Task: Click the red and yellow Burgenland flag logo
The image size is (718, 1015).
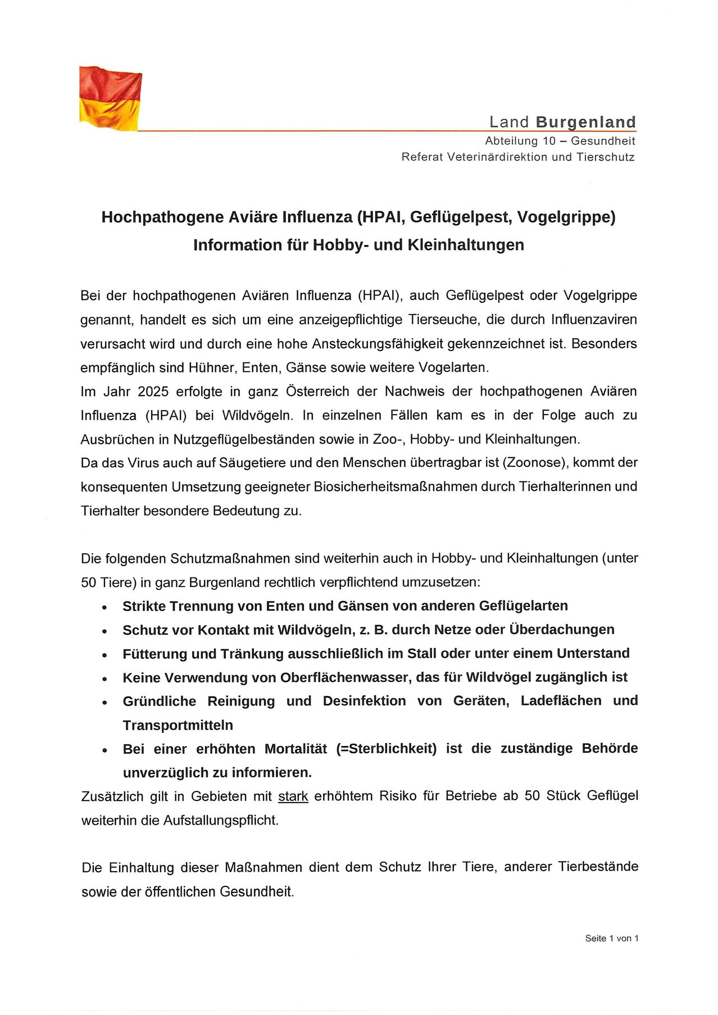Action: click(x=110, y=98)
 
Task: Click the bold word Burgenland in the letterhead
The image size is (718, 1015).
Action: click(x=585, y=122)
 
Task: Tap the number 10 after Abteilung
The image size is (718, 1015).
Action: click(x=549, y=141)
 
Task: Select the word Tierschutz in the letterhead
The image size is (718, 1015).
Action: click(x=605, y=157)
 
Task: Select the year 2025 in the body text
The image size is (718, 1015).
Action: click(x=153, y=392)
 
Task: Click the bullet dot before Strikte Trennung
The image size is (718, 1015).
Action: click(x=104, y=607)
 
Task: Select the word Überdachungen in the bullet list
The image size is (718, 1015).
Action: click(x=561, y=630)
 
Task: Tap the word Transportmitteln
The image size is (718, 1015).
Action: click(x=178, y=725)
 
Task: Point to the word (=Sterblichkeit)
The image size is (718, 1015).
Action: click(x=386, y=749)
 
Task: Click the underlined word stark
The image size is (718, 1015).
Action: click(x=293, y=796)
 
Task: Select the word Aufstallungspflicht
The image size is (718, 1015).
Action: click(x=221, y=821)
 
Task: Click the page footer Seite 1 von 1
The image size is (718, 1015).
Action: click(x=611, y=938)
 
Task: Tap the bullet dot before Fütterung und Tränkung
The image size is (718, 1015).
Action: click(x=104, y=655)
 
